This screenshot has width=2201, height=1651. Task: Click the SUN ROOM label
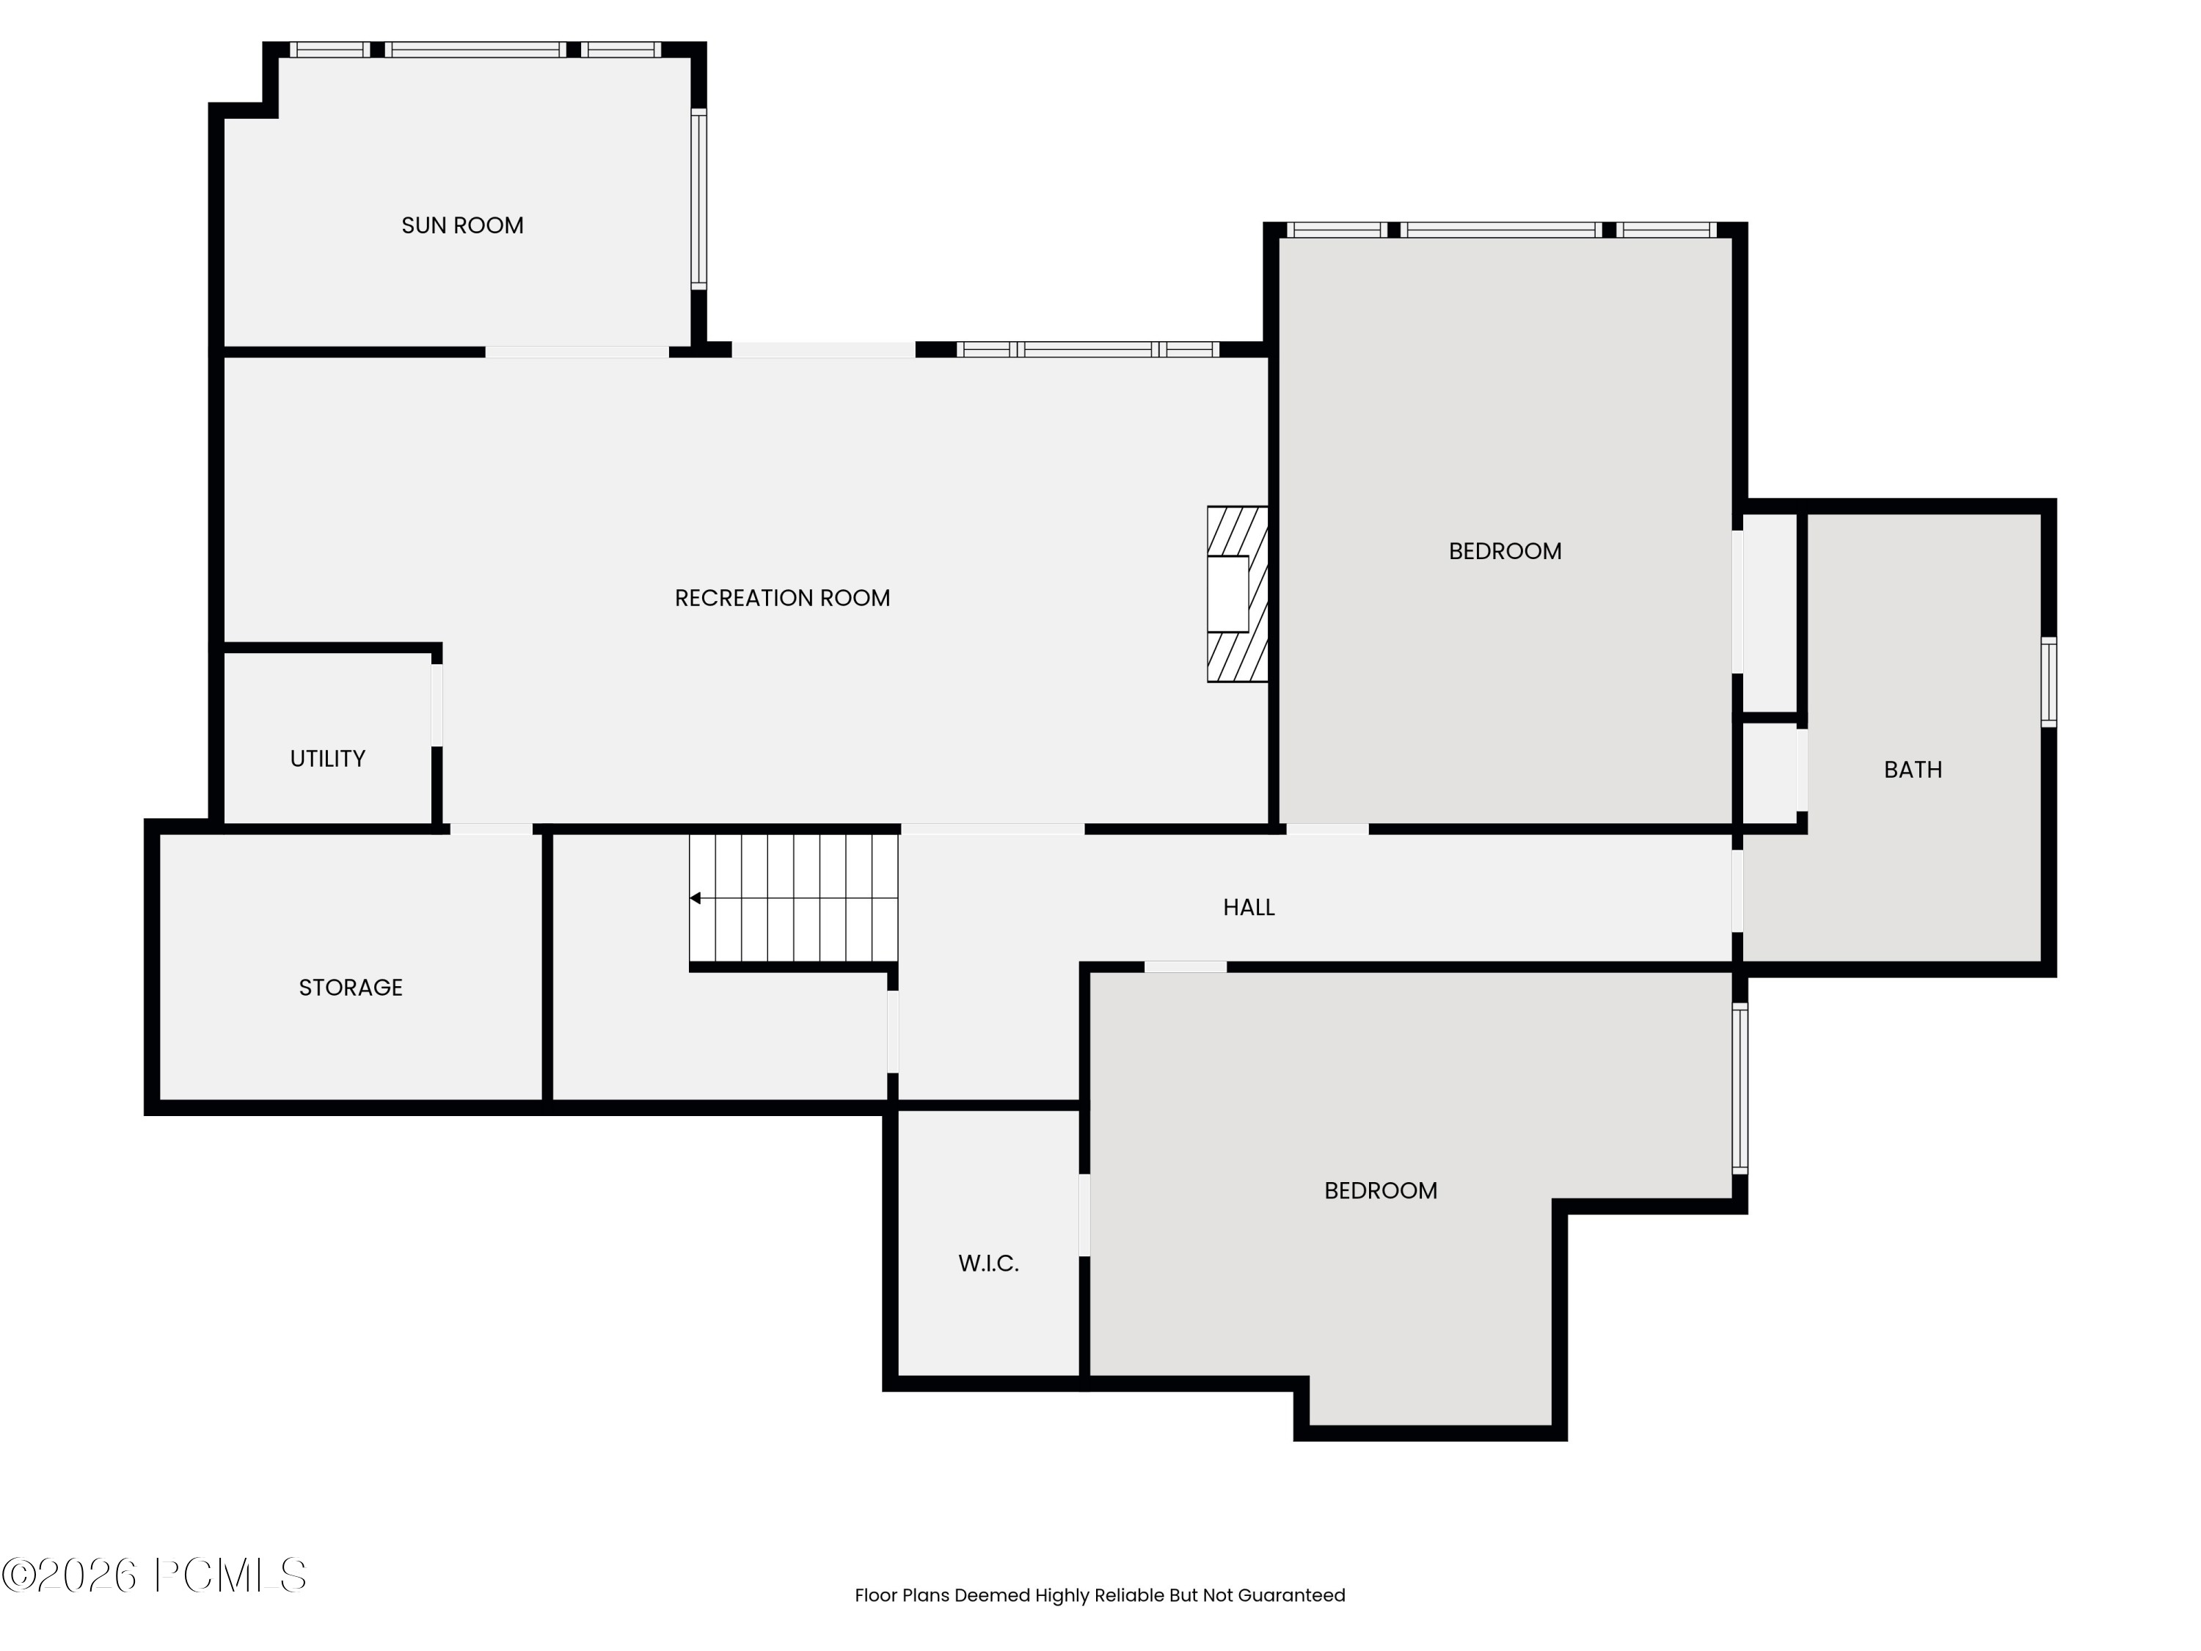click(x=463, y=226)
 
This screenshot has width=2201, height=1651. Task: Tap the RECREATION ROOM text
click(x=782, y=598)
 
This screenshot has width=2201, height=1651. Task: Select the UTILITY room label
click(x=327, y=759)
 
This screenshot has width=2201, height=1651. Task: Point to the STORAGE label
click(x=350, y=988)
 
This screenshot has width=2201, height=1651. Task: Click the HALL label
click(x=1249, y=908)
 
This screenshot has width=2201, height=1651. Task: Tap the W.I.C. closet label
click(x=988, y=1264)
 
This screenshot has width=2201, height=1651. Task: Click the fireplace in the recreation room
click(x=1238, y=594)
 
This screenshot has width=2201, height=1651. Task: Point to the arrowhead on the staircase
click(x=696, y=899)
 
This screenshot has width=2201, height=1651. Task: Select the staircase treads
click(x=794, y=899)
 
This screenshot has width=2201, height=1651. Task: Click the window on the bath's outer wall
click(x=2048, y=682)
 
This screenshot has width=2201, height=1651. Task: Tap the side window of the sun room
click(x=698, y=199)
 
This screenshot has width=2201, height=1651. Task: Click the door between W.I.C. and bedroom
click(x=1084, y=1215)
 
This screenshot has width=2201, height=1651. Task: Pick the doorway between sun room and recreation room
click(x=577, y=352)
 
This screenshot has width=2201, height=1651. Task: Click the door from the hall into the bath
click(x=1737, y=891)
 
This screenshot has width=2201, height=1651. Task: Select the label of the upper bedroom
click(x=1505, y=551)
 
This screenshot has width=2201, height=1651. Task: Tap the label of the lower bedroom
click(x=1380, y=1191)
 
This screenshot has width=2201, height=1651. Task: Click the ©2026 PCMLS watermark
click(x=154, y=1575)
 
